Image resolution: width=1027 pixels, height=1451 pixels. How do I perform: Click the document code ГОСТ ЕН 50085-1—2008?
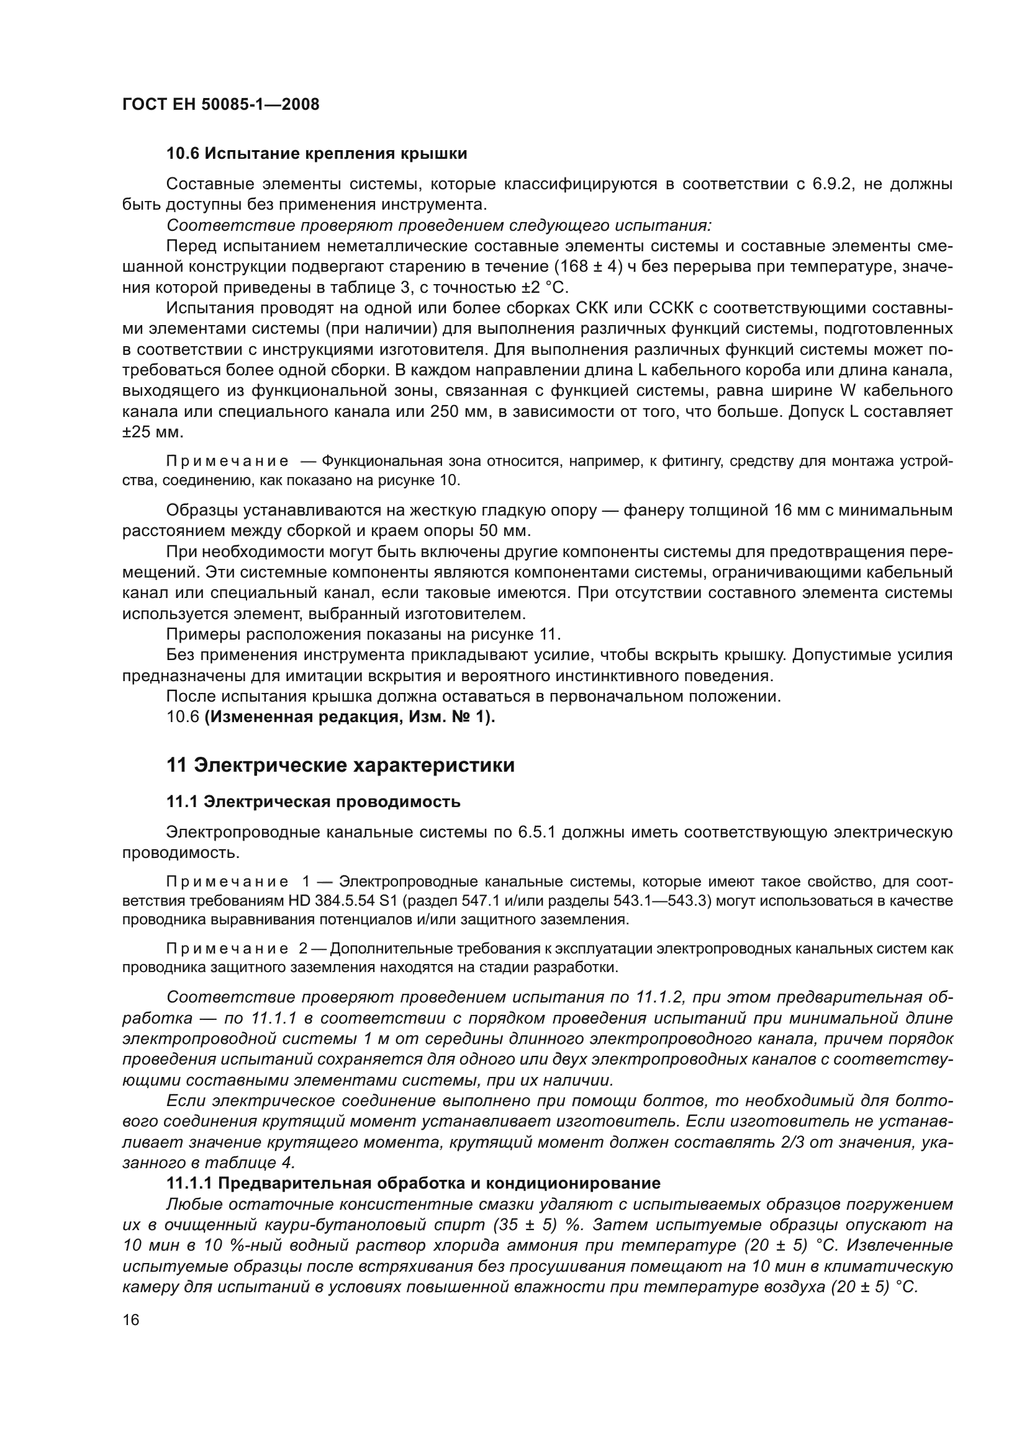point(220,104)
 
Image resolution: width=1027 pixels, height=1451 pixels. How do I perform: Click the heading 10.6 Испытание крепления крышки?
point(317,154)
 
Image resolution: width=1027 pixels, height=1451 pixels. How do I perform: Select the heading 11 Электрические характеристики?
point(340,766)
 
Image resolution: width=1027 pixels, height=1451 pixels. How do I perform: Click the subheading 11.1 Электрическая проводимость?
point(313,802)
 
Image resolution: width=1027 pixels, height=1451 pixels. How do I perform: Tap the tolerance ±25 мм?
point(152,432)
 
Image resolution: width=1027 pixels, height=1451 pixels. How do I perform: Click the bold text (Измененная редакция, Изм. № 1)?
point(350,717)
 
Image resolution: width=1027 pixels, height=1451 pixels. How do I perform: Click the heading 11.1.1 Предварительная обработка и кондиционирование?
point(414,1183)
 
